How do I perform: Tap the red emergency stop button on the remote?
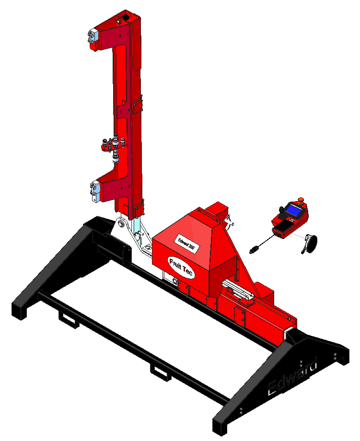[x=301, y=200]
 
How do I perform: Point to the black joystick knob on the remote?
[x=281, y=210]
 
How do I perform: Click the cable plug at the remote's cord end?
[x=254, y=250]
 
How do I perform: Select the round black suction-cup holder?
[x=310, y=243]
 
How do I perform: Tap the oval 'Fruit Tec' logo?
[x=181, y=267]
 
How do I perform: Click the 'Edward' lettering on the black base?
[x=292, y=375]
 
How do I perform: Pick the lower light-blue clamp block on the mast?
[x=95, y=192]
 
